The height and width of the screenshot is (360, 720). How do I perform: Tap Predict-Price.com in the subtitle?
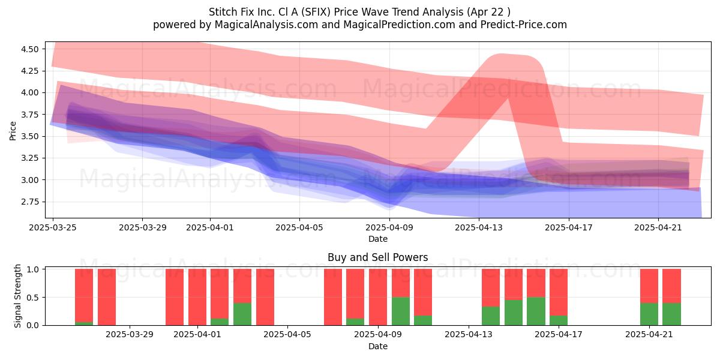coord(524,25)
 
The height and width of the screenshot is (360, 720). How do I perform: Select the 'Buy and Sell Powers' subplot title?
coord(377,257)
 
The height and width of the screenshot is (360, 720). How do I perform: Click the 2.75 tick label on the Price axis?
coord(29,202)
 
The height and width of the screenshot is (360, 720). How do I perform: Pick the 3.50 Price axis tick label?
coord(29,136)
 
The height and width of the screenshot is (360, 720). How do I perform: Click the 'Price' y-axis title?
coord(13,131)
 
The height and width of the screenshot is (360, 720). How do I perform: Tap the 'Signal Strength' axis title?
coord(17,296)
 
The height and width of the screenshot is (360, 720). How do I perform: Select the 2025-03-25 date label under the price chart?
coord(53,227)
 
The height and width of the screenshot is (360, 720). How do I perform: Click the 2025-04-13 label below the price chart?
coord(479,227)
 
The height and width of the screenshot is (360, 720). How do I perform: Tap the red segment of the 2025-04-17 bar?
coord(559,292)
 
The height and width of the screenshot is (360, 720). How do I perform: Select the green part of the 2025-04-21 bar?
coord(649,314)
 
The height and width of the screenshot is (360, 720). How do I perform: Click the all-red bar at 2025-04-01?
coord(197,297)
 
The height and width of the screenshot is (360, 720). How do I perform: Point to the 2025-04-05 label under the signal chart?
coord(287,335)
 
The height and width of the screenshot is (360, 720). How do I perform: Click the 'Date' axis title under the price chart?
coord(378,239)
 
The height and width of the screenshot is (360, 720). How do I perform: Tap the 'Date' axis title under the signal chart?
coord(378,346)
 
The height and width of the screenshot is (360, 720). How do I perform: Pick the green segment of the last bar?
coord(671,314)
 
